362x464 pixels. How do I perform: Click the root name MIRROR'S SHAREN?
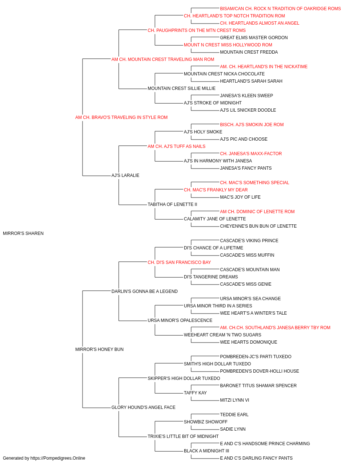(x=23, y=233)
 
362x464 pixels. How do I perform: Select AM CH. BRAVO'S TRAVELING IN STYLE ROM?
(x=121, y=117)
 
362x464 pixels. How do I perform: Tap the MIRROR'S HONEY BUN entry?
(x=99, y=349)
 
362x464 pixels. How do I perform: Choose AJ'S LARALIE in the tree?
(x=125, y=175)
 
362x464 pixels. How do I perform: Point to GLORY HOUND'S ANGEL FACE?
(x=143, y=407)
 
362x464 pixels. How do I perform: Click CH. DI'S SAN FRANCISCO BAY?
(x=179, y=262)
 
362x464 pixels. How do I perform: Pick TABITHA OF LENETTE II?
(x=172, y=204)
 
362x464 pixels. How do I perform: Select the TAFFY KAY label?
(x=195, y=393)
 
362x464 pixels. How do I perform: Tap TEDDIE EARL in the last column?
(x=234, y=415)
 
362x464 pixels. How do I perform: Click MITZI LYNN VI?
(x=235, y=400)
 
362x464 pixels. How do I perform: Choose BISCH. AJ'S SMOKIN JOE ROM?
(x=252, y=125)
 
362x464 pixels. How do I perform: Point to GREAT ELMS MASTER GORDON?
(x=254, y=38)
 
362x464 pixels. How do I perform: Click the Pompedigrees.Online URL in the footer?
(x=58, y=458)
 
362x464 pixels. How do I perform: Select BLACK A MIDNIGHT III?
(x=207, y=451)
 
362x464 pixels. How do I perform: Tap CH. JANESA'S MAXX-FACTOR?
(x=251, y=154)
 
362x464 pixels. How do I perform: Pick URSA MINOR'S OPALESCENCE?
(x=180, y=320)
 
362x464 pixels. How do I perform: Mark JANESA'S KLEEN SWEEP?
(x=247, y=96)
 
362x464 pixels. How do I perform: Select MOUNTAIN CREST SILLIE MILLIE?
(x=182, y=88)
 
